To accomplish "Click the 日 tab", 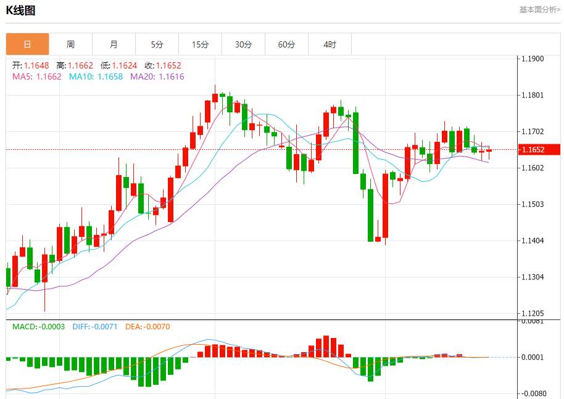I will pos(27,44).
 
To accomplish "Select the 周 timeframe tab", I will pos(70,44).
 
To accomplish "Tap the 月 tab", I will pos(114,44).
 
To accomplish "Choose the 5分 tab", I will pos(157,44).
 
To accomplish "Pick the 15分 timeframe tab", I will pos(200,44).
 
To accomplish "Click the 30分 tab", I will pos(243,44).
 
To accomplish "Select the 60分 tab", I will pos(286,44).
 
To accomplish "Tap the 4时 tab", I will pos(330,44).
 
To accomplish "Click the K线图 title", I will pos(20,11).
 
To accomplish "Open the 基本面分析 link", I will pos(539,9).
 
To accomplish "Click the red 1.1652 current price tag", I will pos(539,149).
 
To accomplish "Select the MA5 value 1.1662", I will pos(49,76).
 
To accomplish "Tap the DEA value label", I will pos(134,326).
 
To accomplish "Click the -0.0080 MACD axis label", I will pos(533,393).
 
